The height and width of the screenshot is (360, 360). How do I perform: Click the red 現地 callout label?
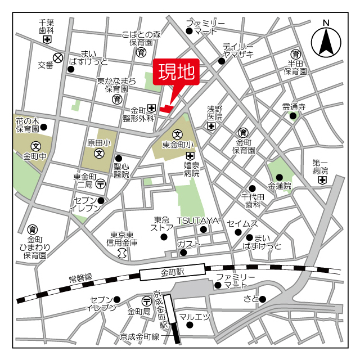tap(176, 73)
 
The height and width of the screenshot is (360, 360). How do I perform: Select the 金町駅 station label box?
tap(172, 273)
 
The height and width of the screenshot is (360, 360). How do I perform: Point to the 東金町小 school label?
tap(178, 145)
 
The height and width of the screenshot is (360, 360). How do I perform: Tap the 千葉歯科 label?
tap(46, 27)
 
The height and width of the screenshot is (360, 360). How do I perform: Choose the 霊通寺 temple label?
tap(293, 106)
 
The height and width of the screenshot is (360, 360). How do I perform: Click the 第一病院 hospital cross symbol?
tap(322, 180)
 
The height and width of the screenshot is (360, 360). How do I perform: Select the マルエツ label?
tap(194, 317)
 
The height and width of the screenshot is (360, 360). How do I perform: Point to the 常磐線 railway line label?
tap(81, 278)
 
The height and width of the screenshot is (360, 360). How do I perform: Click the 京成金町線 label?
tap(139, 337)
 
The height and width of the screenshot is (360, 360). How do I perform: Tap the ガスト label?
tap(186, 243)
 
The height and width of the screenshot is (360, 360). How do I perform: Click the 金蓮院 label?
tap(280, 186)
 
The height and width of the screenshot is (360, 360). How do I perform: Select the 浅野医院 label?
tap(214, 112)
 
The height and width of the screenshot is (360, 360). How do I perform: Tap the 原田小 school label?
tap(98, 143)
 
